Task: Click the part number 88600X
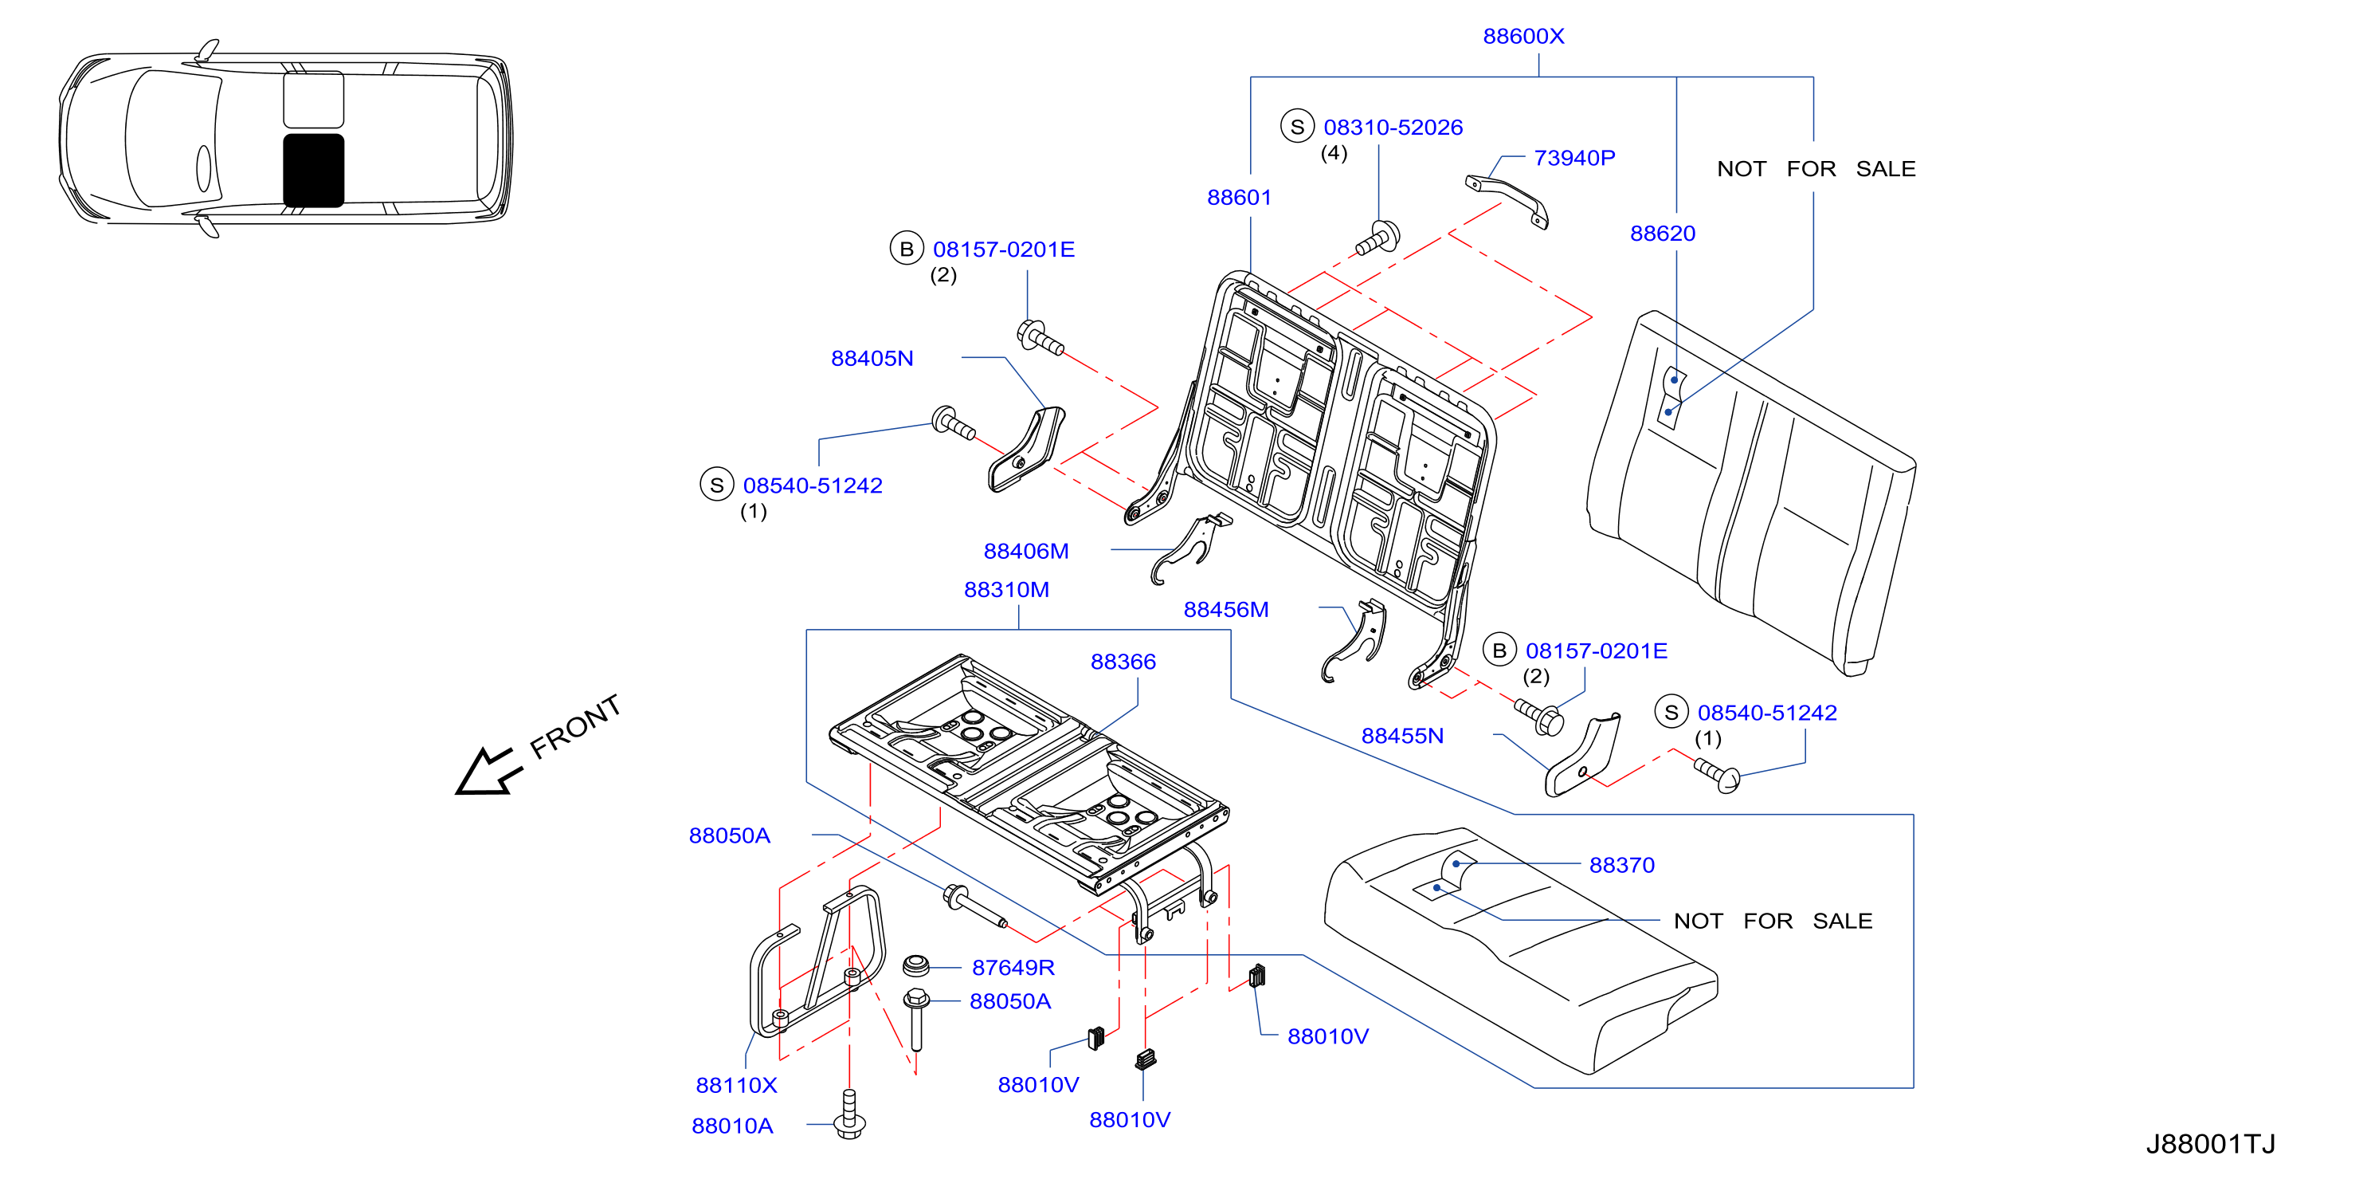tap(1522, 37)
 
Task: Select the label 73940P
tap(1574, 158)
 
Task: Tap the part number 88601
tap(1239, 198)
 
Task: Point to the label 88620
tap(1662, 234)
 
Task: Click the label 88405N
tap(872, 359)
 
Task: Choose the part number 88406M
tap(1025, 552)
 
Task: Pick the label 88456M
tap(1226, 611)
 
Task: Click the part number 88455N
tap(1402, 737)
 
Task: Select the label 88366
tap(1123, 662)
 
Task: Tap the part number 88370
tap(1622, 866)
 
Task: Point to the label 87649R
tap(1013, 968)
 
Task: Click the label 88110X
tap(736, 1086)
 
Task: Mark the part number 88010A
tap(732, 1126)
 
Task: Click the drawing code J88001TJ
tap(2210, 1145)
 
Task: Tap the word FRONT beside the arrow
tap(575, 727)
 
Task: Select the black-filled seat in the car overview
tap(313, 171)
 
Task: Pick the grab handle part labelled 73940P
tap(1507, 200)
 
